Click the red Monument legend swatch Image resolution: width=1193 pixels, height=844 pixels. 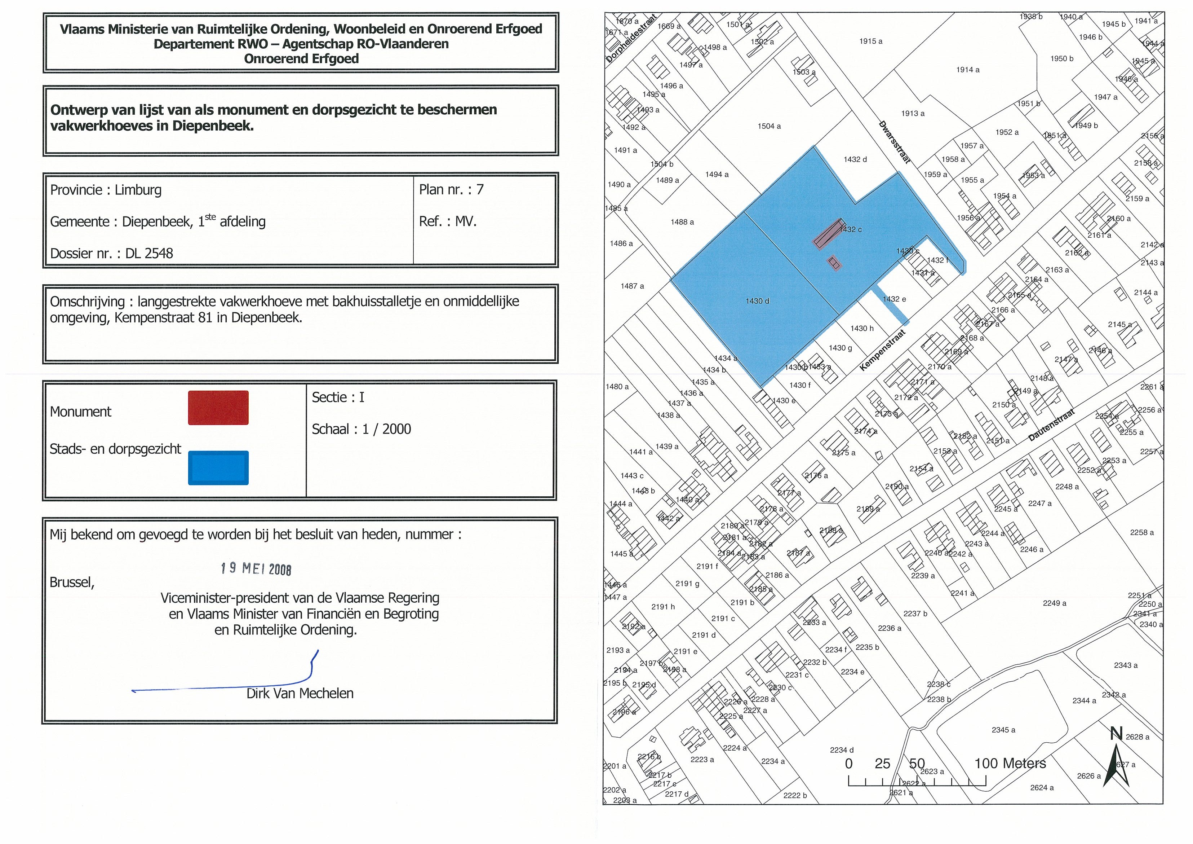point(218,408)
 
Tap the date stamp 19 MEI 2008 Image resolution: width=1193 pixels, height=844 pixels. point(256,568)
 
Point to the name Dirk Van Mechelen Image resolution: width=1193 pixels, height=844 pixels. point(300,693)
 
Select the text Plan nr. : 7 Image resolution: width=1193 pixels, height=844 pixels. point(451,189)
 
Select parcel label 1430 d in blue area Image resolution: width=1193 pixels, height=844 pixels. point(757,301)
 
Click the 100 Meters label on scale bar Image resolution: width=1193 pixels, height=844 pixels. point(1010,764)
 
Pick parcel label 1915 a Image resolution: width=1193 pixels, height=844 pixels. point(871,41)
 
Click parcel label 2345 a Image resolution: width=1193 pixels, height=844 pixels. point(1003,730)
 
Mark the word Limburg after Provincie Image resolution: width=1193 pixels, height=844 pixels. point(138,190)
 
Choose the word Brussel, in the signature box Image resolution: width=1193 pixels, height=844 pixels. point(72,583)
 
